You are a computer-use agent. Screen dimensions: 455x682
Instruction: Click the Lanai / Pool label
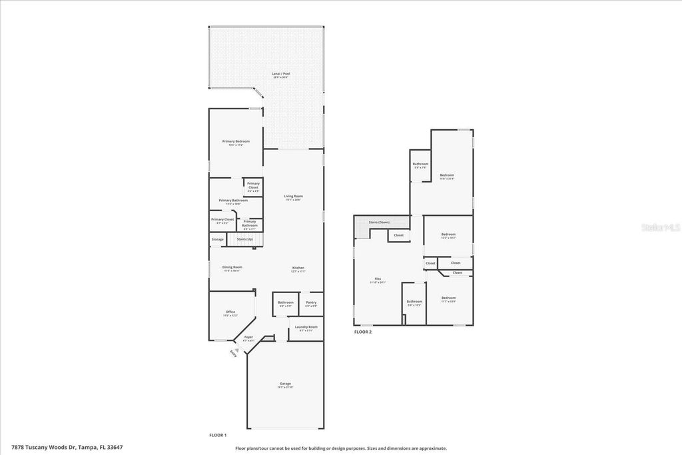tap(280, 74)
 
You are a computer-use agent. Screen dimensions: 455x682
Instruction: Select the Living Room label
tap(293, 197)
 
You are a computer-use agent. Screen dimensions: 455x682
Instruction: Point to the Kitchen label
tap(298, 268)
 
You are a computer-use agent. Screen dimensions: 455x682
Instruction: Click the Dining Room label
tap(232, 268)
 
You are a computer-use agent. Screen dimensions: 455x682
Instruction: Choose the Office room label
tap(230, 312)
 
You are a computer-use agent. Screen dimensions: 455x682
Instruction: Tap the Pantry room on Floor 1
tap(311, 303)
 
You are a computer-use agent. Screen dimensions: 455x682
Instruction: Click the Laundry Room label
tap(306, 327)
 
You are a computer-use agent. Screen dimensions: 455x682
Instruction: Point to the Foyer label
tap(248, 338)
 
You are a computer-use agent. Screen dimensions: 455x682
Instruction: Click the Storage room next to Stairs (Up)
tap(218, 239)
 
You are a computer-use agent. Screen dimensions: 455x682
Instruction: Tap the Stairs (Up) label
tap(244, 239)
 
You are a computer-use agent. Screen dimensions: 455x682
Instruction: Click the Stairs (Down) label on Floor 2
tap(379, 222)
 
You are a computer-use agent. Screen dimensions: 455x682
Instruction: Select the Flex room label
tap(378, 279)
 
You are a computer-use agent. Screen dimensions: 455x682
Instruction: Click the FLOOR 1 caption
tap(218, 435)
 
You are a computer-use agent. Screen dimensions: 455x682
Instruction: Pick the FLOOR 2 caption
tap(363, 331)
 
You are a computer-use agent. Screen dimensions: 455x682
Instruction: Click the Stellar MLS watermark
tap(660, 227)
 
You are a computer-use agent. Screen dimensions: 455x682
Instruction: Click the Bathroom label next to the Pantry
tap(286, 303)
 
